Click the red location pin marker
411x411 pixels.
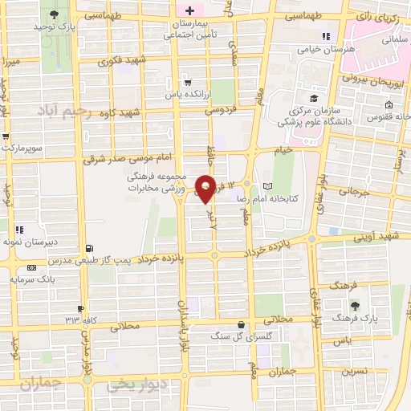tap(206, 188)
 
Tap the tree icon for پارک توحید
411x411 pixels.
tap(54, 15)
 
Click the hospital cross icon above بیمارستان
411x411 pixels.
tap(189, 10)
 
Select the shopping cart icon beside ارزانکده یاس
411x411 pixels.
tap(187, 81)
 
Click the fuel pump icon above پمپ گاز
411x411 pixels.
tap(89, 248)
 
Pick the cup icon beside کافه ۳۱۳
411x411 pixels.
tap(81, 308)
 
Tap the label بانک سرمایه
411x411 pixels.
tap(32, 279)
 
